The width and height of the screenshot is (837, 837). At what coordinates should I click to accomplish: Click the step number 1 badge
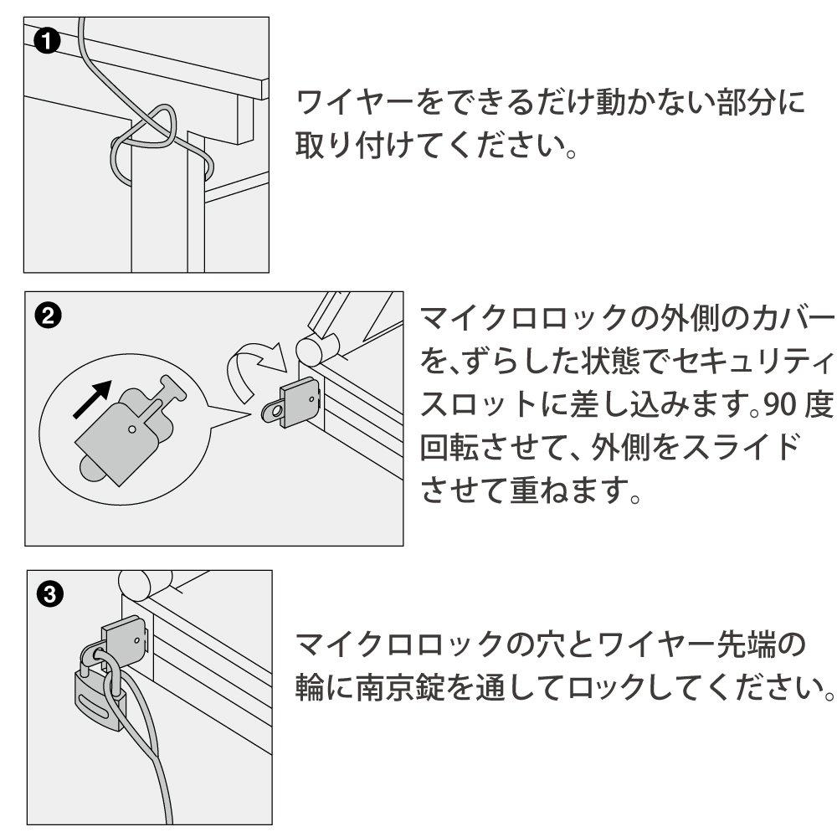click(x=47, y=42)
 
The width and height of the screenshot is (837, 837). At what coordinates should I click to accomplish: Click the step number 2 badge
click(x=48, y=316)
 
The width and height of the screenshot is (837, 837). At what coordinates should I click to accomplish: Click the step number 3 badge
click(x=50, y=593)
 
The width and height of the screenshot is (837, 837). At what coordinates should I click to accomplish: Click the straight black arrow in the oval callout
click(x=92, y=398)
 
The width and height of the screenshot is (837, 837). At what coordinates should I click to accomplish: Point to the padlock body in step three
click(x=100, y=703)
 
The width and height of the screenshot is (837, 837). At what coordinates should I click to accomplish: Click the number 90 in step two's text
click(x=780, y=405)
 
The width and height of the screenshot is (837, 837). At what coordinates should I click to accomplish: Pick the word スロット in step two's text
click(x=480, y=405)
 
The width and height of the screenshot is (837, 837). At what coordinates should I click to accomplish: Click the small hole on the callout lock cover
click(x=132, y=428)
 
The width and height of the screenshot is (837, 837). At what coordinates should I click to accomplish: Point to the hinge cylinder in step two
click(x=317, y=349)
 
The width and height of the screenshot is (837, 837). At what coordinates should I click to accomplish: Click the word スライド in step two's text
click(x=741, y=447)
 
